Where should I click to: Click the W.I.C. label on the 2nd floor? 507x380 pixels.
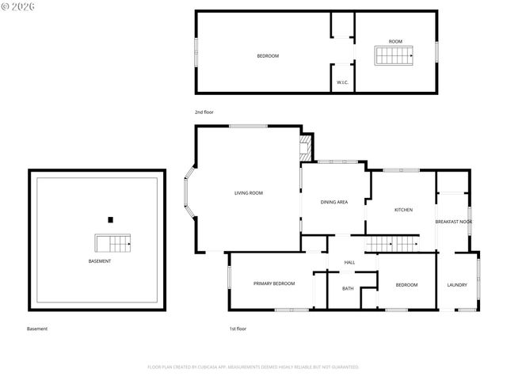[x=343, y=82]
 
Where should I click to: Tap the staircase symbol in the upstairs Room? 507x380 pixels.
[x=395, y=55]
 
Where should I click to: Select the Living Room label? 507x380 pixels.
[x=248, y=193]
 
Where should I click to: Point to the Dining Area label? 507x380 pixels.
[x=334, y=202]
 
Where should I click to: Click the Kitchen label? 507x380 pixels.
[x=404, y=210]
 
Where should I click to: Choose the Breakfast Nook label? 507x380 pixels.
[x=454, y=222]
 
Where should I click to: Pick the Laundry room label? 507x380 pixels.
[x=457, y=285]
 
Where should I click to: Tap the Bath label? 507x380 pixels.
[x=348, y=288]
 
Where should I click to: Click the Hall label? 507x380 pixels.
[x=349, y=263]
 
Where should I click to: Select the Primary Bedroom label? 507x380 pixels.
[x=274, y=283]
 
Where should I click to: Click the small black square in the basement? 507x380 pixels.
[x=111, y=219]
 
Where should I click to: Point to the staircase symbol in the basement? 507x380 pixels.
[x=111, y=242]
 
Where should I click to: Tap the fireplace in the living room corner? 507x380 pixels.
[x=305, y=146]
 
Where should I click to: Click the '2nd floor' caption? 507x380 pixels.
[x=204, y=112]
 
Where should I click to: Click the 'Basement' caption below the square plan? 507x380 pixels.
[x=37, y=329]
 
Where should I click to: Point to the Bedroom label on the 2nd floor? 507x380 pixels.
[x=268, y=56]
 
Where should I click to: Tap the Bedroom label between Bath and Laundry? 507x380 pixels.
[x=406, y=285]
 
